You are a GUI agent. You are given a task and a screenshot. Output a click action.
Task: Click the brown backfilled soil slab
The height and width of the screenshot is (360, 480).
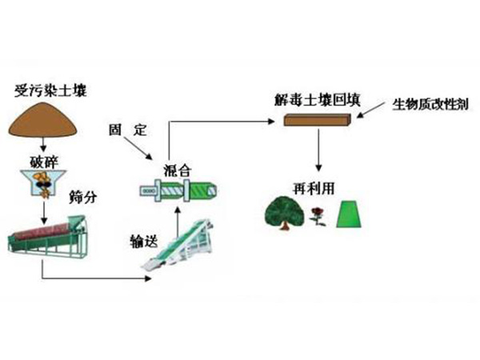(318, 121)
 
